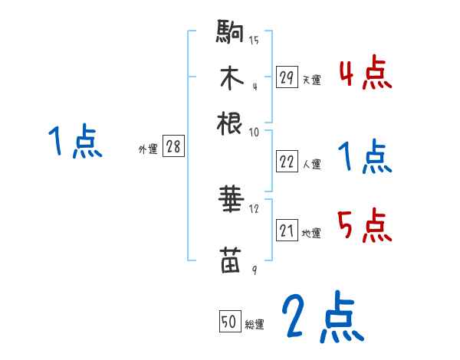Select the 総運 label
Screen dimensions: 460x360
click(x=254, y=325)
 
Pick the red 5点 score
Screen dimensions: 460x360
click(x=365, y=226)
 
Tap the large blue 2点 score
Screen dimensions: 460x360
click(x=321, y=318)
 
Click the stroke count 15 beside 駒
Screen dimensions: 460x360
click(x=254, y=41)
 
